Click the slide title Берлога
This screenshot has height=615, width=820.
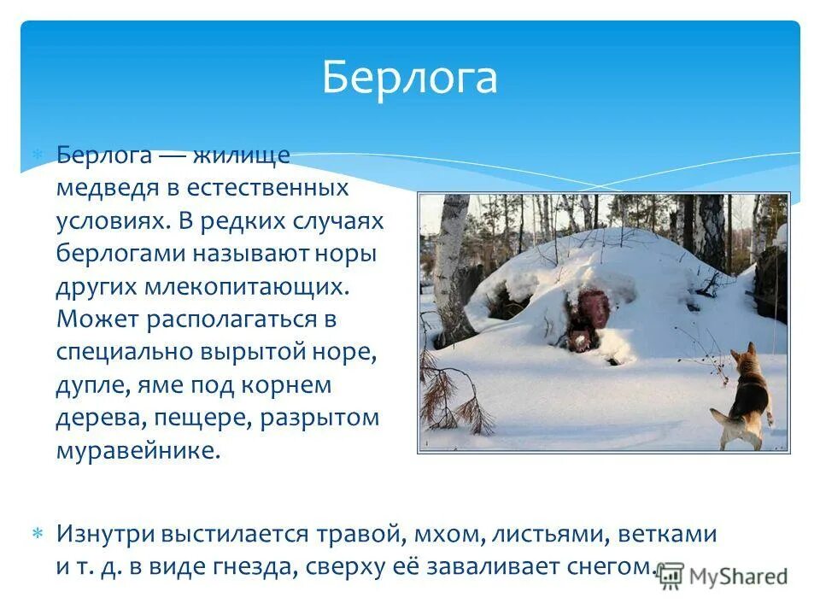point(409,78)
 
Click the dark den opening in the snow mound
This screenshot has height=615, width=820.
point(589,320)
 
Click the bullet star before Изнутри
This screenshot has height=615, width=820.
point(38,534)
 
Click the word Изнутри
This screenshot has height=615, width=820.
point(105,535)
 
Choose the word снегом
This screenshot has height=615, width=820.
point(611,567)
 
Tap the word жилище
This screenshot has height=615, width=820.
point(241,155)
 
